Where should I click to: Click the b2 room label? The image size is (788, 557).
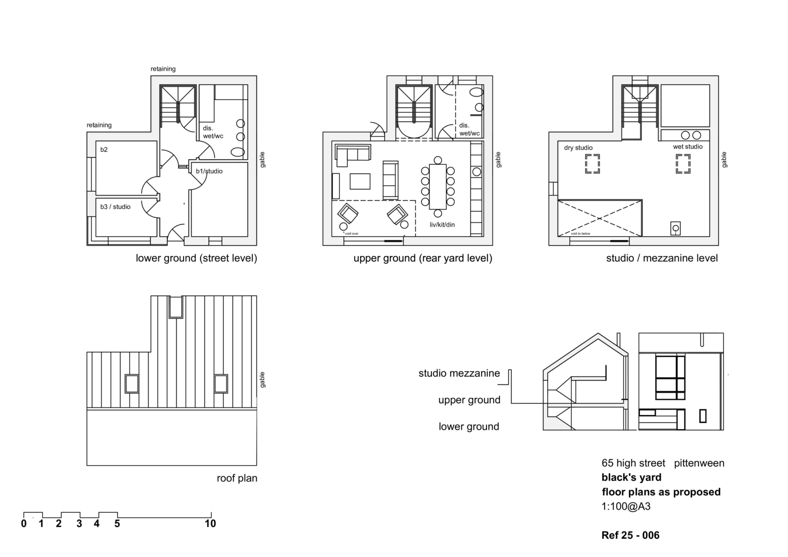tap(104, 150)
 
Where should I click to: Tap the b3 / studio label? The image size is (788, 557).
tap(115, 207)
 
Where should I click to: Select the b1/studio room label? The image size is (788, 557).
tap(209, 171)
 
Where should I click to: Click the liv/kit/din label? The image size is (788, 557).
tap(442, 225)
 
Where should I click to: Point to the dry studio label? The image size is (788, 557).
tap(578, 148)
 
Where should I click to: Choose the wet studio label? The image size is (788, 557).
tap(688, 147)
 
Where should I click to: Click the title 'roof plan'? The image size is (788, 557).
tap(237, 478)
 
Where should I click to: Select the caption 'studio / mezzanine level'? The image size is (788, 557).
tap(662, 258)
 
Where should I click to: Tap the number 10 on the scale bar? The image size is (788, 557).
tap(210, 523)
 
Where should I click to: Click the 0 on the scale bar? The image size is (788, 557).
tap(24, 523)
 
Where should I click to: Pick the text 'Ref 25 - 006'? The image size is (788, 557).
tap(630, 535)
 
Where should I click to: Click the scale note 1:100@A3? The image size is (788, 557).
tap(626, 506)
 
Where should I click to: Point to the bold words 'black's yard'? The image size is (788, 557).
tap(631, 477)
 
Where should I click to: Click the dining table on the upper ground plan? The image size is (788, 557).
tap(438, 186)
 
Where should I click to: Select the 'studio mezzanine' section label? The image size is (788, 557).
tap(459, 373)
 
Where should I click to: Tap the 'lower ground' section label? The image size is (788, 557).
tap(469, 427)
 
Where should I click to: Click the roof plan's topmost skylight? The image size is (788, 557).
tap(176, 307)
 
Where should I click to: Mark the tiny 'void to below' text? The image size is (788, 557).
tap(580, 234)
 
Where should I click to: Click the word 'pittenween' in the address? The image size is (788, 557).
tap(699, 463)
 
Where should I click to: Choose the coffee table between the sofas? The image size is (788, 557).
tap(360, 181)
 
